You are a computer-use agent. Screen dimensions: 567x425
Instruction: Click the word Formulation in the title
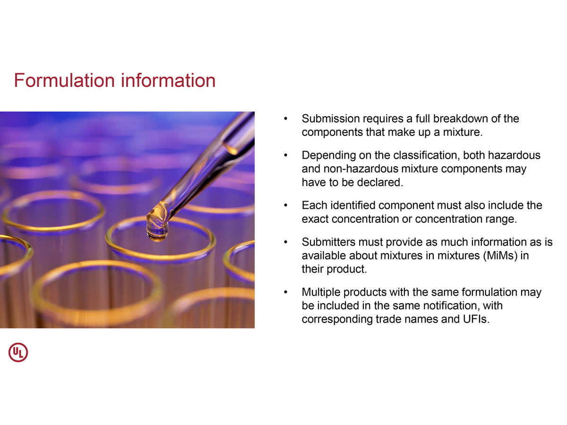tap(64, 80)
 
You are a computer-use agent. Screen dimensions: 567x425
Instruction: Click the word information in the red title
tap(168, 80)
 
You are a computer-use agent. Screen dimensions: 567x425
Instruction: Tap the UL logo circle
tap(18, 352)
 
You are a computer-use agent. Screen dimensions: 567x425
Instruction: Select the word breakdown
tap(461, 119)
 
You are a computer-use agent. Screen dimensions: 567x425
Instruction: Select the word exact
tap(315, 219)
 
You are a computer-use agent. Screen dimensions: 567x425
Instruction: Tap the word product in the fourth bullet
tap(347, 269)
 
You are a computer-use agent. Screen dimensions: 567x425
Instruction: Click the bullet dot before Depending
tap(285, 155)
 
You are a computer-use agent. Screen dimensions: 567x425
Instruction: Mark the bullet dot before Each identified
tap(285, 205)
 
